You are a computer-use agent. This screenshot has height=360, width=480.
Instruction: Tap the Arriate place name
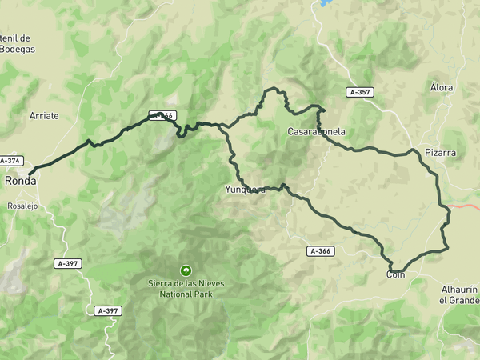(44, 116)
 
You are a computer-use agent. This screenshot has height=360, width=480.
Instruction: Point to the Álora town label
(441, 87)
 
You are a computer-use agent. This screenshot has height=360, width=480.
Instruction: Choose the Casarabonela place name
(317, 131)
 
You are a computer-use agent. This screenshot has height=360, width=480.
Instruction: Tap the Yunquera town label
(245, 190)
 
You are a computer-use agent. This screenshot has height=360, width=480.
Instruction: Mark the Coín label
(396, 275)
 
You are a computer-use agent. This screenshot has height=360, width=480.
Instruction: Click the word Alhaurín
(458, 289)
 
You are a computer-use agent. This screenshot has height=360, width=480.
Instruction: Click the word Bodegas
(18, 49)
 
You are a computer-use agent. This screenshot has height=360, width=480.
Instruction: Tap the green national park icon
(186, 270)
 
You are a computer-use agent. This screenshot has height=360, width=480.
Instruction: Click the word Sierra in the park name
(162, 282)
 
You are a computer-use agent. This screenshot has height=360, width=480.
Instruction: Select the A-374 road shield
(10, 161)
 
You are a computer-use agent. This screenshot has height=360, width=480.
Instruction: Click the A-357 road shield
(360, 92)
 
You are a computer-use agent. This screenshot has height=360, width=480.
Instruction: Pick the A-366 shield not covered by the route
(320, 251)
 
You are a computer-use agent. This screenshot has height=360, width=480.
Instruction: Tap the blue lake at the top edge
(326, 3)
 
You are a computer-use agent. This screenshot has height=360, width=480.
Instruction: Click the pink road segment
(465, 206)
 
